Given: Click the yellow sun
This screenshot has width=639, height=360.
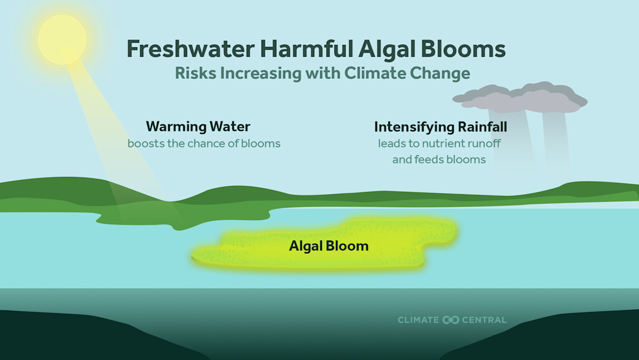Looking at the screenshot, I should (62, 39).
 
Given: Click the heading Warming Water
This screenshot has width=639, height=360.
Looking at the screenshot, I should (198, 127).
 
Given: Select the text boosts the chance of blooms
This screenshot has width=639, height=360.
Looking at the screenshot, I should (204, 143).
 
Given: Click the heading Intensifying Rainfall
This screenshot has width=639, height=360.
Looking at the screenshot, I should (441, 127).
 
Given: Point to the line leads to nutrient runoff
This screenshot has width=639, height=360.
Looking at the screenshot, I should (440, 143).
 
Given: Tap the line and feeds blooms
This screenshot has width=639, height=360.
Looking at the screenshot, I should (439, 159).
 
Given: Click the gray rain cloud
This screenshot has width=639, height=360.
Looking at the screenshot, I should (521, 98).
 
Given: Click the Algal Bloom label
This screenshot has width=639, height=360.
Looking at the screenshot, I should (328, 246).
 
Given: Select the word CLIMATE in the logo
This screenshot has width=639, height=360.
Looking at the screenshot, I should (418, 320).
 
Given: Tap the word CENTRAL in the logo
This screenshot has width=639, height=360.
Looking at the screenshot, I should (485, 320).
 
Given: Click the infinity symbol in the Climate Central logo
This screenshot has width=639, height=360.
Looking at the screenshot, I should (450, 320).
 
